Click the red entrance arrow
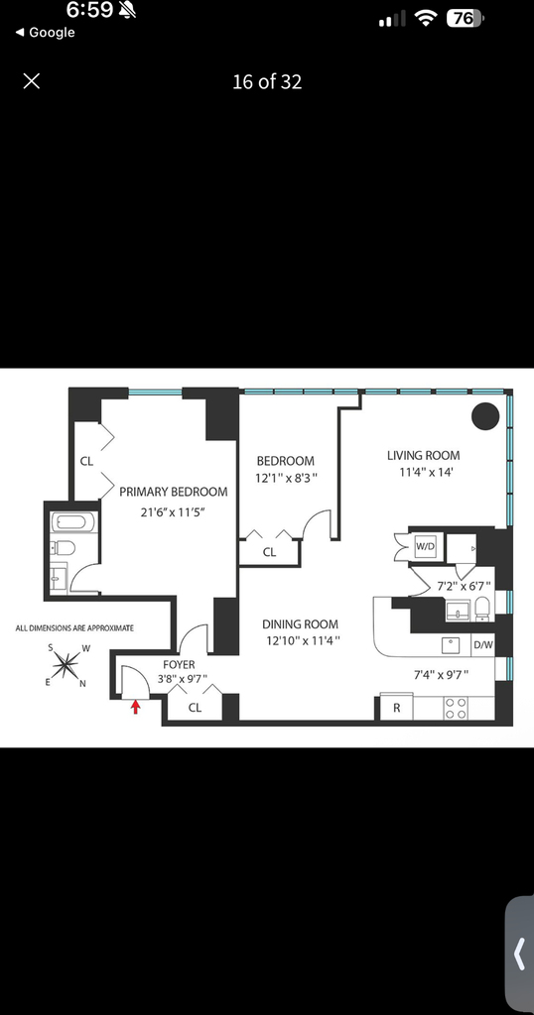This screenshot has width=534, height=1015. click(x=135, y=706)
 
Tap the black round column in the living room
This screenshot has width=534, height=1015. click(x=484, y=415)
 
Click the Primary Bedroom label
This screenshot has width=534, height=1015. click(x=174, y=492)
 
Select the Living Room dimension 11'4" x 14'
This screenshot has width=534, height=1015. click(x=425, y=472)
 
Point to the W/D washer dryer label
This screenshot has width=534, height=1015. click(x=425, y=546)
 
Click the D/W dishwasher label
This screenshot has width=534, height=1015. click(x=482, y=644)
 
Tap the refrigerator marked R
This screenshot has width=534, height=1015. click(x=397, y=708)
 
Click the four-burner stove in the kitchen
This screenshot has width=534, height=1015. click(x=455, y=708)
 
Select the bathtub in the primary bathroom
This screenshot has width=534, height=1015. click(x=73, y=521)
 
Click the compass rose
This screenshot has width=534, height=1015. click(x=67, y=663)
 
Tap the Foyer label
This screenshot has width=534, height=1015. click(x=179, y=665)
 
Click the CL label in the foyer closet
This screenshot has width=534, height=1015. click(x=195, y=708)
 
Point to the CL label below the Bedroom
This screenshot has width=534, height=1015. click(x=269, y=553)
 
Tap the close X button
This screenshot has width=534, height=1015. click(x=31, y=81)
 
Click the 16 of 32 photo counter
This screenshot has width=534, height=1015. click(x=267, y=81)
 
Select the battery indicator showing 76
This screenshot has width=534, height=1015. click(x=465, y=19)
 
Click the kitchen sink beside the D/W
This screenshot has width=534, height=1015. click(x=451, y=645)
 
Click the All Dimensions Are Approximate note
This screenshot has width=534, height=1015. click(x=74, y=627)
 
